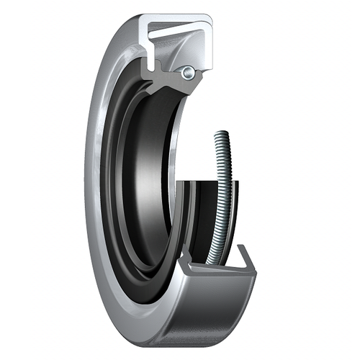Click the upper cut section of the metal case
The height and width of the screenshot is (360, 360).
pos(180,26)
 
